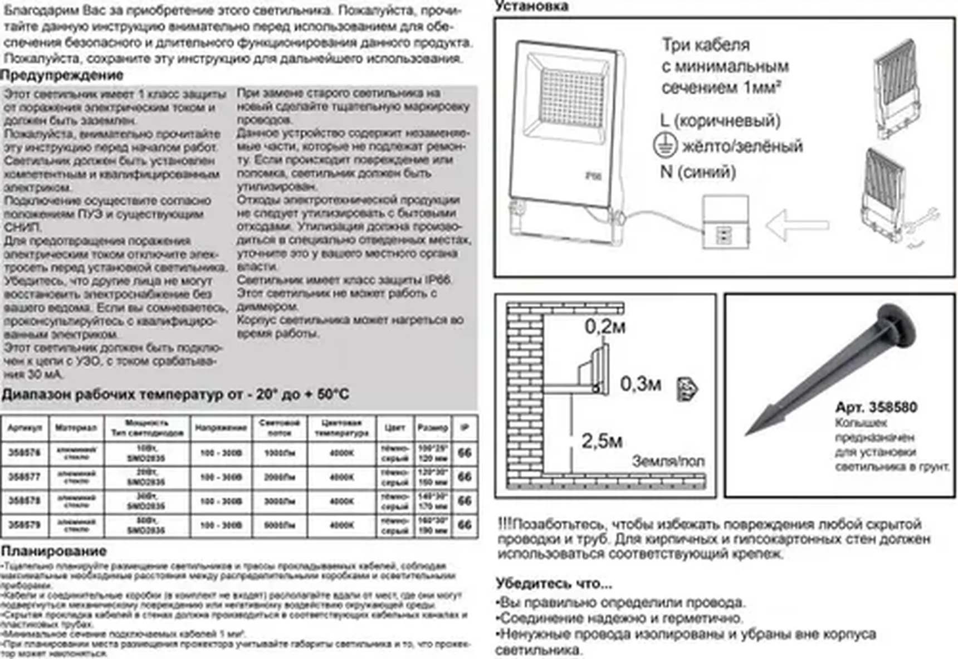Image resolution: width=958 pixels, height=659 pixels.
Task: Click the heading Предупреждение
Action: [x=62, y=75]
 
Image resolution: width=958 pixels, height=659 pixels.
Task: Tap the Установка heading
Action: [x=532, y=6]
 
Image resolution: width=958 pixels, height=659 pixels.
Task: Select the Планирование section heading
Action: [x=53, y=551]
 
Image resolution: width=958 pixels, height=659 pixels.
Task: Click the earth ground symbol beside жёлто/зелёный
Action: [x=665, y=145]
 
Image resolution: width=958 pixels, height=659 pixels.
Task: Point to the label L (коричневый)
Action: [x=720, y=120]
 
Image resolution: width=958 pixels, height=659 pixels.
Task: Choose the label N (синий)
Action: [x=698, y=172]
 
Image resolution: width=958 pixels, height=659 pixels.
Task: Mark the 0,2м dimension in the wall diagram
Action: [x=605, y=326]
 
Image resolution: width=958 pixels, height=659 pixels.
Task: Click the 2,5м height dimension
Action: [x=602, y=441]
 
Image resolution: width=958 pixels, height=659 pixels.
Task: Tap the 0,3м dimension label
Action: [x=641, y=384]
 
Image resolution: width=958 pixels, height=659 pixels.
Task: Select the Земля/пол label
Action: [x=668, y=461]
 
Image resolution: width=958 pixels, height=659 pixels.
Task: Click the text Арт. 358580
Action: [x=876, y=407]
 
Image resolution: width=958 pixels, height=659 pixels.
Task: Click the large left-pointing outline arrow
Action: [x=797, y=225]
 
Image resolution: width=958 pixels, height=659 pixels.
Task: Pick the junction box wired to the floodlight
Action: [x=725, y=222]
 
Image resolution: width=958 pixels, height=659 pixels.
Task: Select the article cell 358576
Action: [x=25, y=453]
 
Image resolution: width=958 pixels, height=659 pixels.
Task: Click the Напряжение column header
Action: [x=221, y=428]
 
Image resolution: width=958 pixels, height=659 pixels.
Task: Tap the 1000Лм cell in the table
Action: [x=279, y=453]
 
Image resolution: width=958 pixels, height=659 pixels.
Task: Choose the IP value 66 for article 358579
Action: [x=465, y=525]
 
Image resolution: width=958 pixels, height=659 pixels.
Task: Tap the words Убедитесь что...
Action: [x=554, y=583]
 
